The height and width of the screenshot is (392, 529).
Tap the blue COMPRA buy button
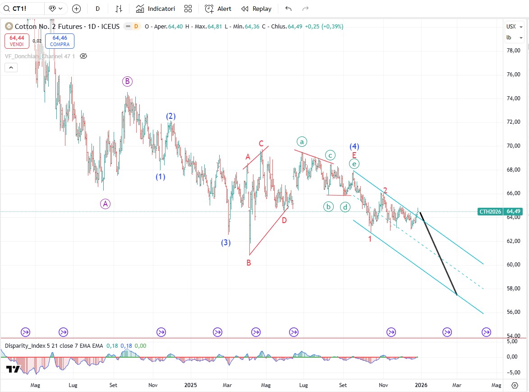[x=60, y=41]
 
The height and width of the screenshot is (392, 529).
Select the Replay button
[x=257, y=9]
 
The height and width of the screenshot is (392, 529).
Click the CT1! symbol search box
[x=23, y=9]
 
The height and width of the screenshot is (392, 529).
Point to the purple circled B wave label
[x=127, y=81]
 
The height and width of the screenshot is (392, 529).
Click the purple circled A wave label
[x=105, y=204]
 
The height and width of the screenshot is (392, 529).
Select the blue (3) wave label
[x=226, y=243]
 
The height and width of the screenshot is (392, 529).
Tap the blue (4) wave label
[x=354, y=146]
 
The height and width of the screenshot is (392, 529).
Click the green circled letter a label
[x=302, y=141]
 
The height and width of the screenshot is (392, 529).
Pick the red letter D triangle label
[x=284, y=220]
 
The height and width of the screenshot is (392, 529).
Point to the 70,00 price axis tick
[x=514, y=146]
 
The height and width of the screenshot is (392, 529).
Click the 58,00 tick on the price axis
[x=514, y=288]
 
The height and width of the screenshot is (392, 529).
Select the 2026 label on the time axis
[x=421, y=385]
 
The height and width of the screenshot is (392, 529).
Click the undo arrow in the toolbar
[x=289, y=9]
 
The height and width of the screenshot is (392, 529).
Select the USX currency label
[x=511, y=26]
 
